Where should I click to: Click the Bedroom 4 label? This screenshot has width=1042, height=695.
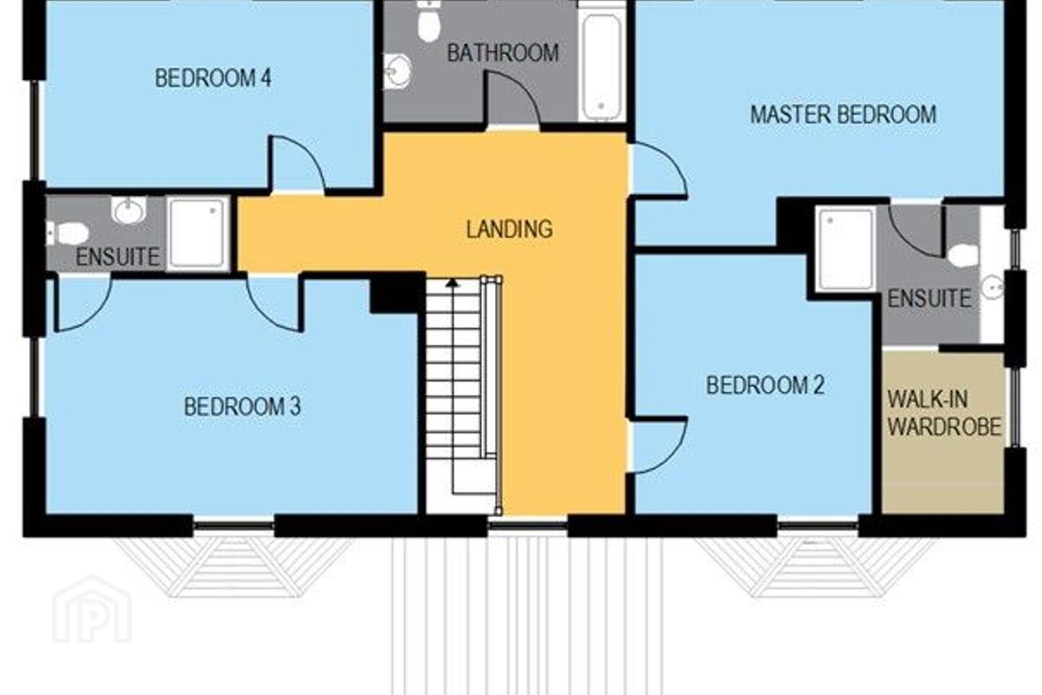213,78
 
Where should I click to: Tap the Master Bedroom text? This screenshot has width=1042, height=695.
844,115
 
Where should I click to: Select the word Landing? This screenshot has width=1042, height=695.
510,229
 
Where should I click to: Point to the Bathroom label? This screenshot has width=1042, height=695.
503,53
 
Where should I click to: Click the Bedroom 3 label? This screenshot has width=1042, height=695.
242,407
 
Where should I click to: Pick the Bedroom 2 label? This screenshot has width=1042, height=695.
766,385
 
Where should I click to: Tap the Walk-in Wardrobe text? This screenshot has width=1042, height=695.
944,413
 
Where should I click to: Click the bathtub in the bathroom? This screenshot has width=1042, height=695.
602,66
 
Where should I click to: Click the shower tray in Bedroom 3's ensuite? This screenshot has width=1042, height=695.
198,233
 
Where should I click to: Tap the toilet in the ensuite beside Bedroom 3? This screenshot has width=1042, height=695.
68,233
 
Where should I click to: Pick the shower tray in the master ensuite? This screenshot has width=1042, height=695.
846,250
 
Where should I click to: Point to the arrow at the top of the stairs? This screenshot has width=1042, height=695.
452,282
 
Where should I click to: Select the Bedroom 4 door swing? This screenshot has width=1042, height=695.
298,163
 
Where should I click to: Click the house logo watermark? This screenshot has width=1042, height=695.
92,610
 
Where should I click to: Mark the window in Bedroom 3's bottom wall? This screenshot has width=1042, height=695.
234,526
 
